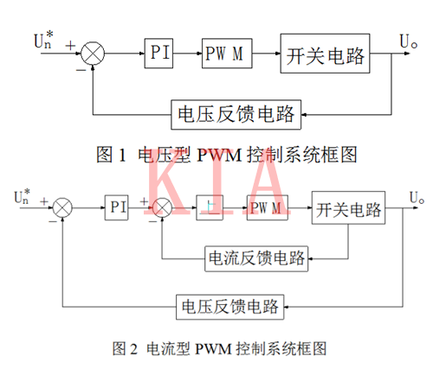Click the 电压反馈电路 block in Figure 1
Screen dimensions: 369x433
tap(236, 113)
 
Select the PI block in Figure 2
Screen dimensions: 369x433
tap(118, 208)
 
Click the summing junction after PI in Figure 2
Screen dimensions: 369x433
tap(162, 208)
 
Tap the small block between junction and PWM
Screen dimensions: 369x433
tap(210, 208)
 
